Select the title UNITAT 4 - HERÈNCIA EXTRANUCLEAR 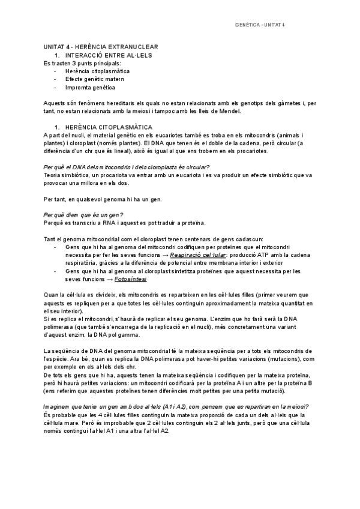click(x=101, y=47)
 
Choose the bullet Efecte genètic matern click(x=94, y=79)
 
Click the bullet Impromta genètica click(x=90, y=87)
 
